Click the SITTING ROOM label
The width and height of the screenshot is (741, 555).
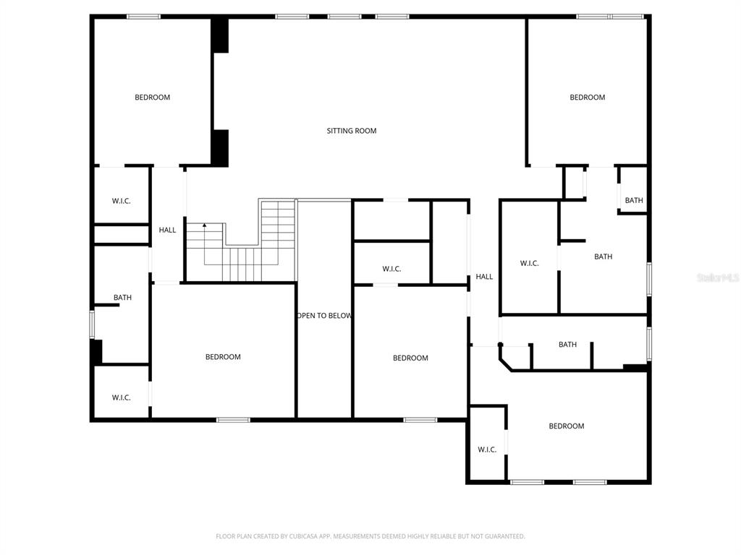point(352,131)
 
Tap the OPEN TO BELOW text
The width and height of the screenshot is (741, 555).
point(324,316)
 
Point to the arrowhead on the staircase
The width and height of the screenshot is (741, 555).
point(205,225)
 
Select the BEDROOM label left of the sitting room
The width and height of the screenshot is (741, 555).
point(152,98)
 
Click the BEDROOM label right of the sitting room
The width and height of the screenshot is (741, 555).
point(588,98)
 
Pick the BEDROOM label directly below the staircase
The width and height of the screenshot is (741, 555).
point(223,357)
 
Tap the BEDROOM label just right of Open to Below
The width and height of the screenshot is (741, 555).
point(411,358)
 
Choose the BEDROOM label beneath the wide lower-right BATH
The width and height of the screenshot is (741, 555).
point(567,426)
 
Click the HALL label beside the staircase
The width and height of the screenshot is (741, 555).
point(167,230)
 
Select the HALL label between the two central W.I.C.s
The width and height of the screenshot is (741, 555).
point(484,277)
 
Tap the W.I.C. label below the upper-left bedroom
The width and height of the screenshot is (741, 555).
point(122,201)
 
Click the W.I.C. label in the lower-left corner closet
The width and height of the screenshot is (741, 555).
point(122,398)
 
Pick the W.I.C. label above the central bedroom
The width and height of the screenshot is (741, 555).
point(391,269)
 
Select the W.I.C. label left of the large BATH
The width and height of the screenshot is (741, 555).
point(529,263)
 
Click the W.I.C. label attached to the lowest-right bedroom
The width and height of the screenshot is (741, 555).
point(487,449)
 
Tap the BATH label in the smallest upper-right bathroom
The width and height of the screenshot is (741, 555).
point(634,201)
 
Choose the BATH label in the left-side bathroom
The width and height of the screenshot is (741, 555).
point(122,298)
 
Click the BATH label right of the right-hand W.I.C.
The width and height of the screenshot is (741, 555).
point(604,257)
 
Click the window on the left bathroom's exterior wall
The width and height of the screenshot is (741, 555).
point(92,324)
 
